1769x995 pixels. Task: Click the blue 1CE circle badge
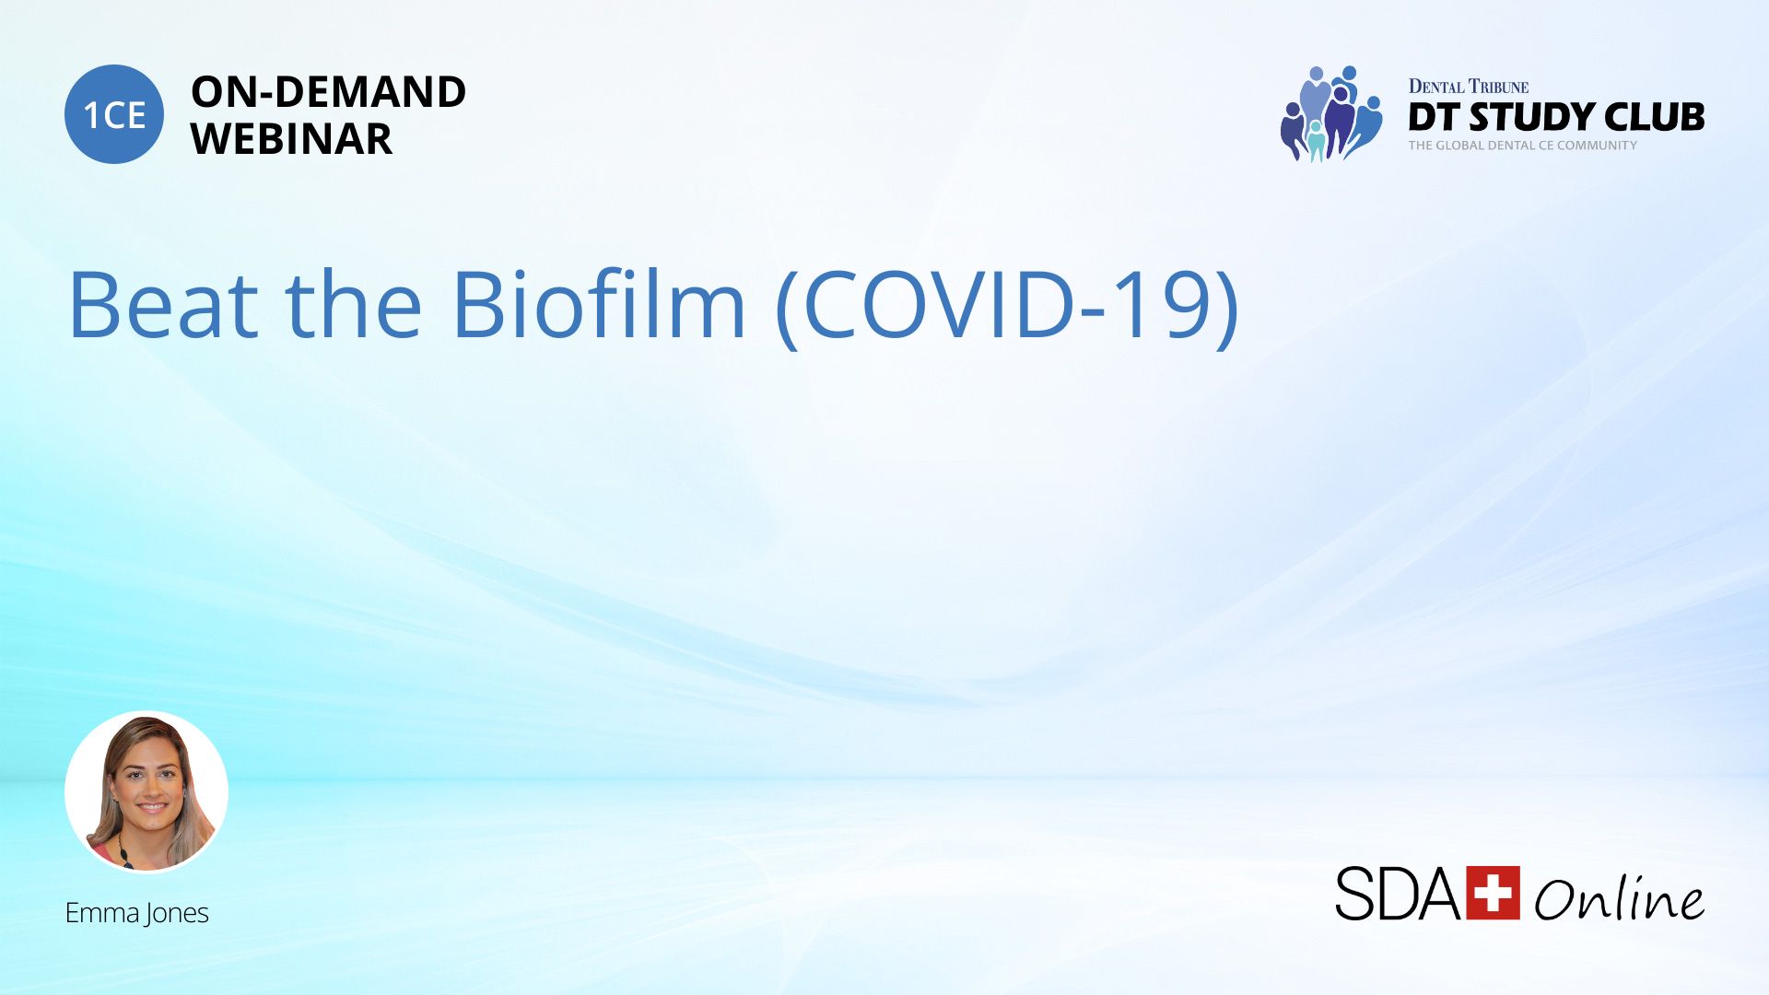point(114,114)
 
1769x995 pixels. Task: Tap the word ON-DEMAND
point(328,92)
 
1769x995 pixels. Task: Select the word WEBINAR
point(291,139)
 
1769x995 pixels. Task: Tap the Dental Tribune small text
point(1469,87)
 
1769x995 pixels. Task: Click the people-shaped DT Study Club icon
point(1331,113)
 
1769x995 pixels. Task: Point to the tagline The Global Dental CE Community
point(1522,146)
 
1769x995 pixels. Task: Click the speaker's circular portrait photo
point(146,791)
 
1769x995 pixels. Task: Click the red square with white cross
point(1493,892)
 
